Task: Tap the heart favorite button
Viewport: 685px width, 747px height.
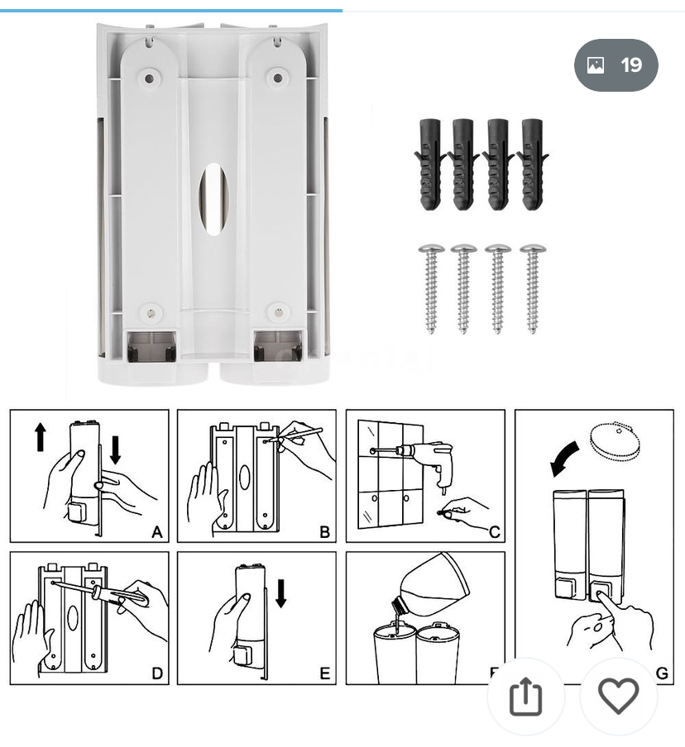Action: pos(619,697)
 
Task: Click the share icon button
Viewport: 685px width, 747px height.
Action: pos(525,697)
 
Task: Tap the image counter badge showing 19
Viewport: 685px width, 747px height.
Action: pos(616,65)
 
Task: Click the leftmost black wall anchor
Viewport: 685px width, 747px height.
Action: pos(429,164)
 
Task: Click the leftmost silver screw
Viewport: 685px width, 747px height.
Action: pos(431,287)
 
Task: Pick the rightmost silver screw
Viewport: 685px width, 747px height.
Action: pos(533,287)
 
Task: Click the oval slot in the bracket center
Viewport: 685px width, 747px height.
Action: pos(213,198)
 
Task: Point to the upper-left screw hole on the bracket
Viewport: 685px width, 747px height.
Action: pos(149,79)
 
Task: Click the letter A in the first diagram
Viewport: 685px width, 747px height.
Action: pos(157,532)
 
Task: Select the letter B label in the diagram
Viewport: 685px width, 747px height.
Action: pos(324,532)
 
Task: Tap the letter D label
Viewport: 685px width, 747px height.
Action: pos(157,673)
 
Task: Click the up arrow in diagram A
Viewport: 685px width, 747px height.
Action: pos(41,436)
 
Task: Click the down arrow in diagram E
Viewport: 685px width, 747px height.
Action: pos(281,592)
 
